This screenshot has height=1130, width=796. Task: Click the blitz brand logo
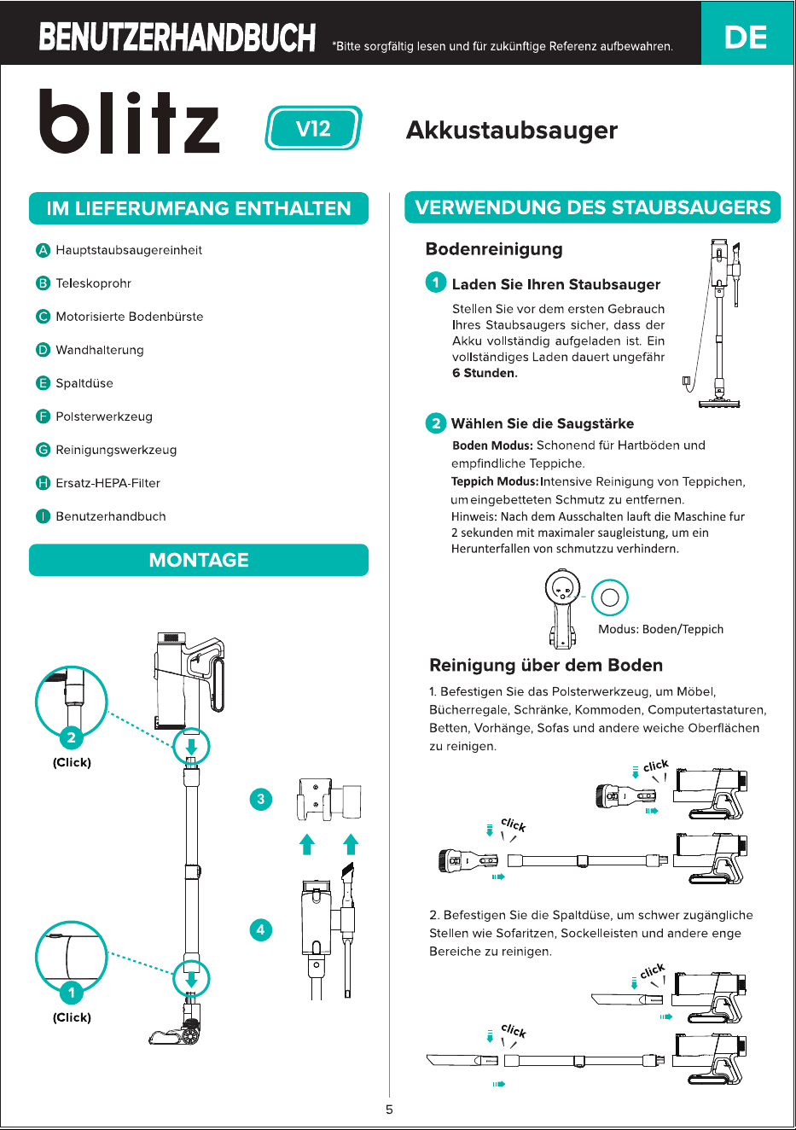pos(129,121)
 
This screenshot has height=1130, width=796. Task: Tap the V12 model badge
pos(313,128)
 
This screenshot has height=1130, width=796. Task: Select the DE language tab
pos(746,37)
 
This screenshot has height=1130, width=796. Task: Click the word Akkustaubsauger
pos(512,130)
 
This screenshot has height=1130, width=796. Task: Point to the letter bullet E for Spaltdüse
pos(43,383)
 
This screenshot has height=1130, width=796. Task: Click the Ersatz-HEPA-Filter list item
pos(108,483)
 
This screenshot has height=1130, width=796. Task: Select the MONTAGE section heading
pos(199,559)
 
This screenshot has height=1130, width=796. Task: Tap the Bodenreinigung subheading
pos(494,249)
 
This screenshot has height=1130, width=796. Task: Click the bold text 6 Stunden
pos(485,373)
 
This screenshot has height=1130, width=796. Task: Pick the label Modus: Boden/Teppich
pos(661,629)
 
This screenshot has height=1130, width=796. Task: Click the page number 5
pos(389,1110)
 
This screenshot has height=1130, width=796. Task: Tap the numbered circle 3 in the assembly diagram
pos(261,799)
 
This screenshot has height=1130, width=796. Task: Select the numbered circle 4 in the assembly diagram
pos(261,929)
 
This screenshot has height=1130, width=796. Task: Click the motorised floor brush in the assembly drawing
pos(177,1026)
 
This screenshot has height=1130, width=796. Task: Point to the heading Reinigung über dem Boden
pos(546,665)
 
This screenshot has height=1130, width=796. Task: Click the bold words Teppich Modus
pos(495,481)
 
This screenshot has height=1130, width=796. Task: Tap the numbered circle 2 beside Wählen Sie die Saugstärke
pos(436,422)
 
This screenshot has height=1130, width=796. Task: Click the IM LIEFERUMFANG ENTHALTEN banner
pos(199,208)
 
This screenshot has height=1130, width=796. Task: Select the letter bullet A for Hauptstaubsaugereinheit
pos(43,250)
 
